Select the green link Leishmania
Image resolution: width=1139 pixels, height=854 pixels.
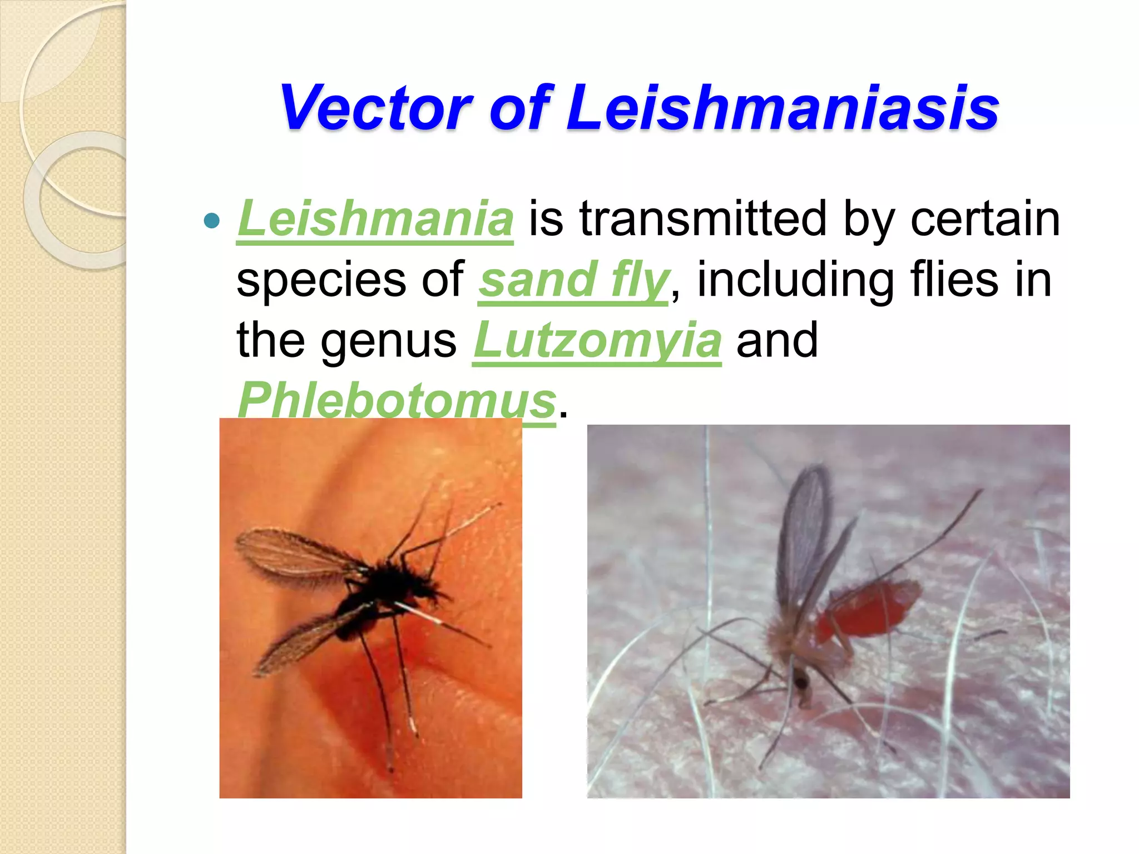[x=375, y=219]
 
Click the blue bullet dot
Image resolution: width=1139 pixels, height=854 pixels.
[x=212, y=221]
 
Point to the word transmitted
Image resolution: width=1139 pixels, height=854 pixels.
[x=704, y=219]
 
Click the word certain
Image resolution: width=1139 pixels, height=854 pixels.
[x=985, y=219]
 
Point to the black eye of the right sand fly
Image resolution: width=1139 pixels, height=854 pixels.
[x=801, y=681]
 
